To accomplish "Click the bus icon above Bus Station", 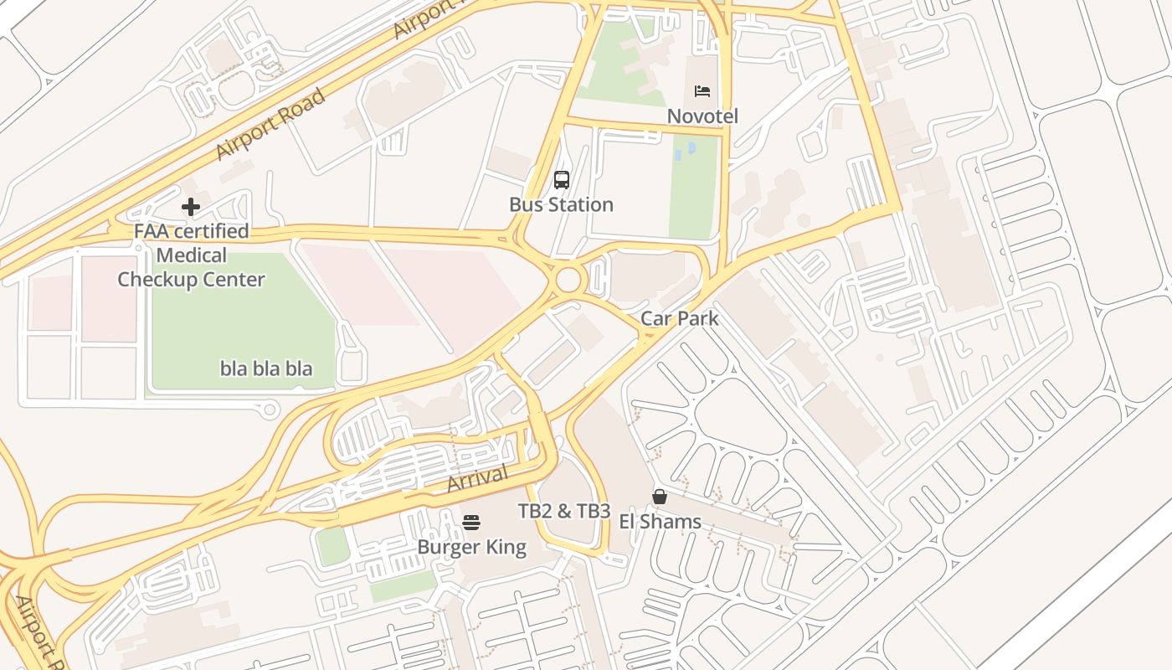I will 561,179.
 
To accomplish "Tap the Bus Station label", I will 561,204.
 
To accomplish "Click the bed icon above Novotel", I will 702,90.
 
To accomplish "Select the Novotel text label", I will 702,116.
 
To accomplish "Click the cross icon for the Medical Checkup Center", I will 191,206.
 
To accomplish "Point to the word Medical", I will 191,255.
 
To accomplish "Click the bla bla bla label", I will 266,368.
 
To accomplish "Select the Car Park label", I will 679,318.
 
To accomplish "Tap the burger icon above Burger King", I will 471,523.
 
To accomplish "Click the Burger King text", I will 471,548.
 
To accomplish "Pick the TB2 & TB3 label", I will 563,511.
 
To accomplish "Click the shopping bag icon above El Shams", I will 660,497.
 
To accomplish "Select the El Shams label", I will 660,522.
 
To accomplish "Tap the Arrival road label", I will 478,479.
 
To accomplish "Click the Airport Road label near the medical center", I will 270,124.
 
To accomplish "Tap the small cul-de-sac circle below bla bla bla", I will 270,409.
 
